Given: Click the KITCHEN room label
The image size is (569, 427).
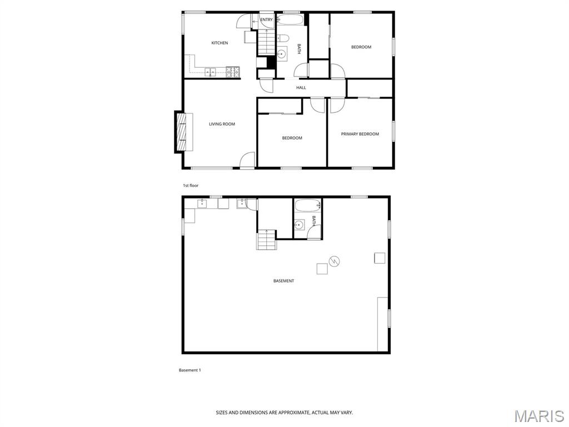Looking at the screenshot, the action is [x=219, y=43].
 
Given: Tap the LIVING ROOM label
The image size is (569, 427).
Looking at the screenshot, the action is [x=222, y=124].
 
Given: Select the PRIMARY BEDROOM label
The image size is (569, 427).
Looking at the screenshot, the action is [x=360, y=134].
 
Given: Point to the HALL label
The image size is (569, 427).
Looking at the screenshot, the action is [x=301, y=87].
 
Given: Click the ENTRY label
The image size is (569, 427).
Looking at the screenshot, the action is [x=266, y=19].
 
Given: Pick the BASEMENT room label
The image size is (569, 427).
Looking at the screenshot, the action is [x=284, y=281].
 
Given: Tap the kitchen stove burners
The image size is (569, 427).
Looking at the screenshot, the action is [x=233, y=72].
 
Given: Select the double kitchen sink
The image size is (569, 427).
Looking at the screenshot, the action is [x=210, y=72].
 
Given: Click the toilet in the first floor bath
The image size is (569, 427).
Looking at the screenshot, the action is [x=283, y=38].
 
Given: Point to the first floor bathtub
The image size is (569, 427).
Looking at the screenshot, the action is [x=290, y=19].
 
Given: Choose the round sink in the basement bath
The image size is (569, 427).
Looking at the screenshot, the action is [x=299, y=225].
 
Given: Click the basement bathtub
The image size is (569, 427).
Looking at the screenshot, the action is [x=308, y=206].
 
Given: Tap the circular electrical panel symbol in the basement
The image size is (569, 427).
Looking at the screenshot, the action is [x=335, y=261].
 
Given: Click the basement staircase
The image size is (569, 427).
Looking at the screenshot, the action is [x=267, y=240].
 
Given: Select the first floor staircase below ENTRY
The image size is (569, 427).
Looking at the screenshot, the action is [x=267, y=42].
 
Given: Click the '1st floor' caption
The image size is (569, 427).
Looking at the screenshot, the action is [x=191, y=186].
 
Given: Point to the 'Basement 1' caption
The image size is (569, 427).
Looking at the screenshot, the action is [x=190, y=370].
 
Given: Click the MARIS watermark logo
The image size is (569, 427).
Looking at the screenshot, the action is [x=539, y=416].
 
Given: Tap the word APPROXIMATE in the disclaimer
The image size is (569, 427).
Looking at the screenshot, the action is [x=295, y=413].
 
